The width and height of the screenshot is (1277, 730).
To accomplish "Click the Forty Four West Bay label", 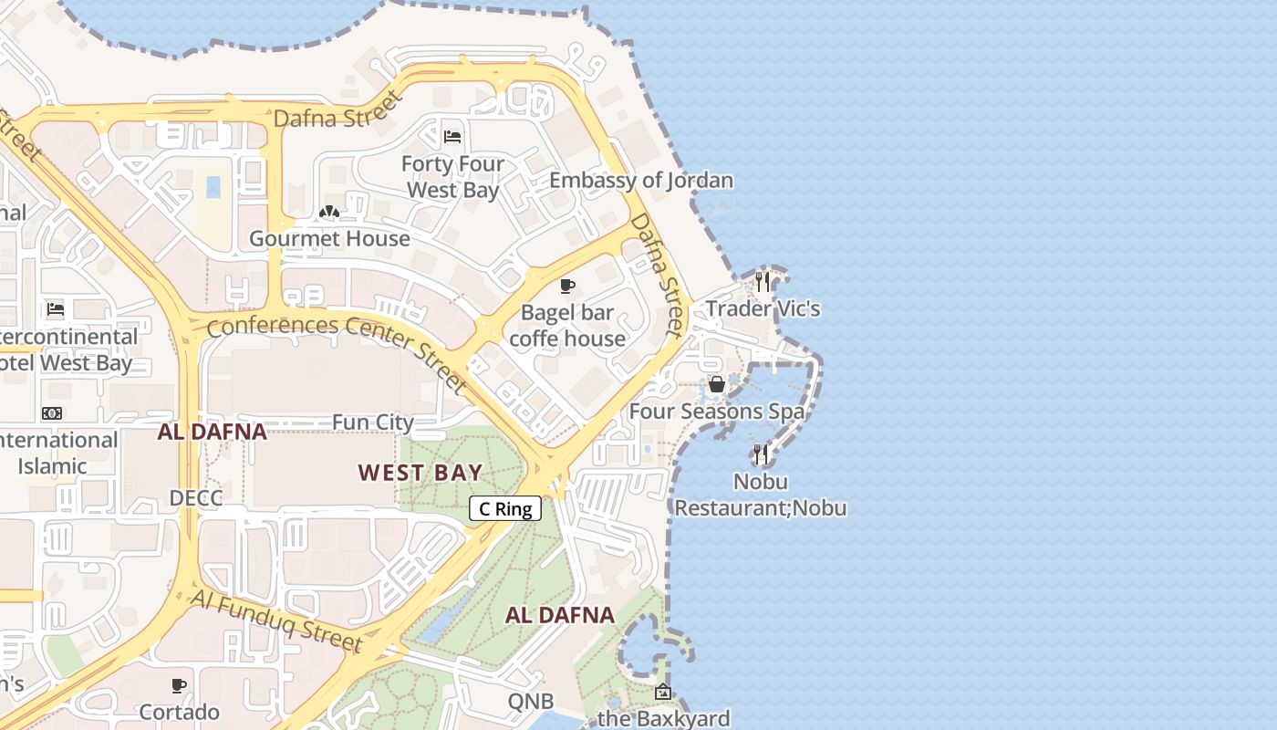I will point(453,177).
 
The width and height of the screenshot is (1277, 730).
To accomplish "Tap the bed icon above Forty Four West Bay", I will point(452,138).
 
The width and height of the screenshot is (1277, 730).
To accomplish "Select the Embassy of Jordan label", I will point(640,180).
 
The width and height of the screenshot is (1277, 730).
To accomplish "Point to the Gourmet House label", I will point(329,239).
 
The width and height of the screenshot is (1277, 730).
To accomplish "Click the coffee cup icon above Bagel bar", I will point(567,287).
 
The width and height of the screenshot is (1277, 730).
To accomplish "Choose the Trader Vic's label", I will point(763,308).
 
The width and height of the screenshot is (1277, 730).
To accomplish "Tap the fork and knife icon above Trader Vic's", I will point(763,281).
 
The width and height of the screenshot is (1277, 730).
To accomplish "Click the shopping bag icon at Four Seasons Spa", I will point(717,384).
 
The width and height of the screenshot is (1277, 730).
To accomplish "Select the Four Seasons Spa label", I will point(717,412).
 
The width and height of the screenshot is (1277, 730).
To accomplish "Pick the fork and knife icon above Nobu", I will point(760,454).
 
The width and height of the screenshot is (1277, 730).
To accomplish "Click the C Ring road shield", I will point(505,509).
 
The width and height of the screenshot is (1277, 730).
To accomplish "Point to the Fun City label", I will point(372,422).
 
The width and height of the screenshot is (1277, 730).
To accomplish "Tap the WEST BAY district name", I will point(420,472).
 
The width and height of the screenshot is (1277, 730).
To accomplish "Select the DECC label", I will point(196,498).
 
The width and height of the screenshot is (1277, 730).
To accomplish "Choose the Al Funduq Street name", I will point(276,621).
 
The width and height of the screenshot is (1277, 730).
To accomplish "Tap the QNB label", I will point(531,702).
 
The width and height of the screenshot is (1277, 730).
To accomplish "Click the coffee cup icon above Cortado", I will point(179,684).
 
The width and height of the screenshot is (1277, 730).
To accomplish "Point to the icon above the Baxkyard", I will point(663,693).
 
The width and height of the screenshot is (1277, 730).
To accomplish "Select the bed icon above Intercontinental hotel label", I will point(56,309).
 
